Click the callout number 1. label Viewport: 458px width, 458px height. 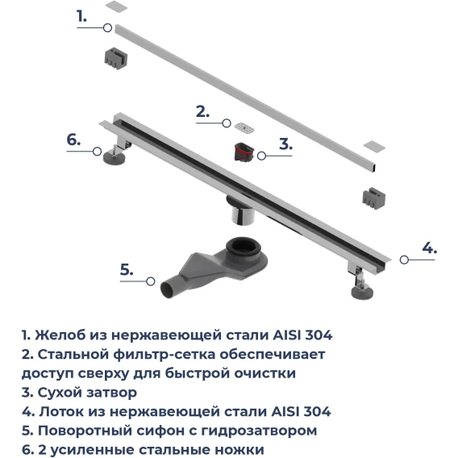(81, 16)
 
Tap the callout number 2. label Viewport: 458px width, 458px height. (202, 111)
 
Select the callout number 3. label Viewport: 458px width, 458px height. (285, 144)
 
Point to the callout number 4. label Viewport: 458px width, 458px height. (429, 248)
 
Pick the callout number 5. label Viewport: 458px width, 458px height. (127, 269)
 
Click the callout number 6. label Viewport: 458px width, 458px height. (73, 139)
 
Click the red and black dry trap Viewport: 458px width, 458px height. (244, 152)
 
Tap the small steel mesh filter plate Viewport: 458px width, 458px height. (244, 127)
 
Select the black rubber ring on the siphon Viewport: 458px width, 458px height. (242, 247)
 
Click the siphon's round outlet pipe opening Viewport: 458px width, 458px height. (167, 290)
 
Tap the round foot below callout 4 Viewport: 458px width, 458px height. (363, 293)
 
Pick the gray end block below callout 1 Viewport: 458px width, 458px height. (116, 58)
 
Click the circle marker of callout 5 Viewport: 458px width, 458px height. (151, 281)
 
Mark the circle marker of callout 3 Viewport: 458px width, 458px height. (261, 156)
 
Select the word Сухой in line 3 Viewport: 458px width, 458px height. (60, 393)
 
